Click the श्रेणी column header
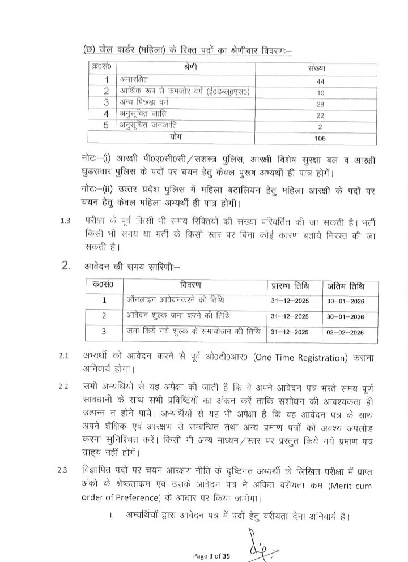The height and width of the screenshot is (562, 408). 190,68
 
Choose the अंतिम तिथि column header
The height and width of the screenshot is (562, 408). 346,285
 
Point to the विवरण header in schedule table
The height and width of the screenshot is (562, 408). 194,284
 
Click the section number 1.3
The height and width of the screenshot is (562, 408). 65,221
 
